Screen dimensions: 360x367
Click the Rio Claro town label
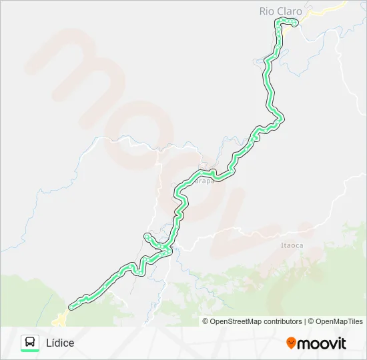(x=280, y=11)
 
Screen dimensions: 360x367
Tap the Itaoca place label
(x=292, y=245)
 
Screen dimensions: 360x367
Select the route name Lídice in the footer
(x=60, y=343)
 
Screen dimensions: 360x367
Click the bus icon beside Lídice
(x=30, y=342)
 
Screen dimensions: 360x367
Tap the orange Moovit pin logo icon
(x=291, y=343)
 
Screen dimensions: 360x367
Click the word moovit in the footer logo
(x=322, y=343)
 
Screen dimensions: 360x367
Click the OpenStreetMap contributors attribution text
(x=256, y=321)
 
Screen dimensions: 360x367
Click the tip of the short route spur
(x=146, y=235)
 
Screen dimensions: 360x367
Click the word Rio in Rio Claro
(x=266, y=11)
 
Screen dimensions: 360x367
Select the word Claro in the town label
(x=288, y=11)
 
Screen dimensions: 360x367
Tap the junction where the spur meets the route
(x=167, y=249)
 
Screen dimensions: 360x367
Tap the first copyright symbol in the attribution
(x=206, y=321)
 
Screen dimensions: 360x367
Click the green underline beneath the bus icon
(x=30, y=351)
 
